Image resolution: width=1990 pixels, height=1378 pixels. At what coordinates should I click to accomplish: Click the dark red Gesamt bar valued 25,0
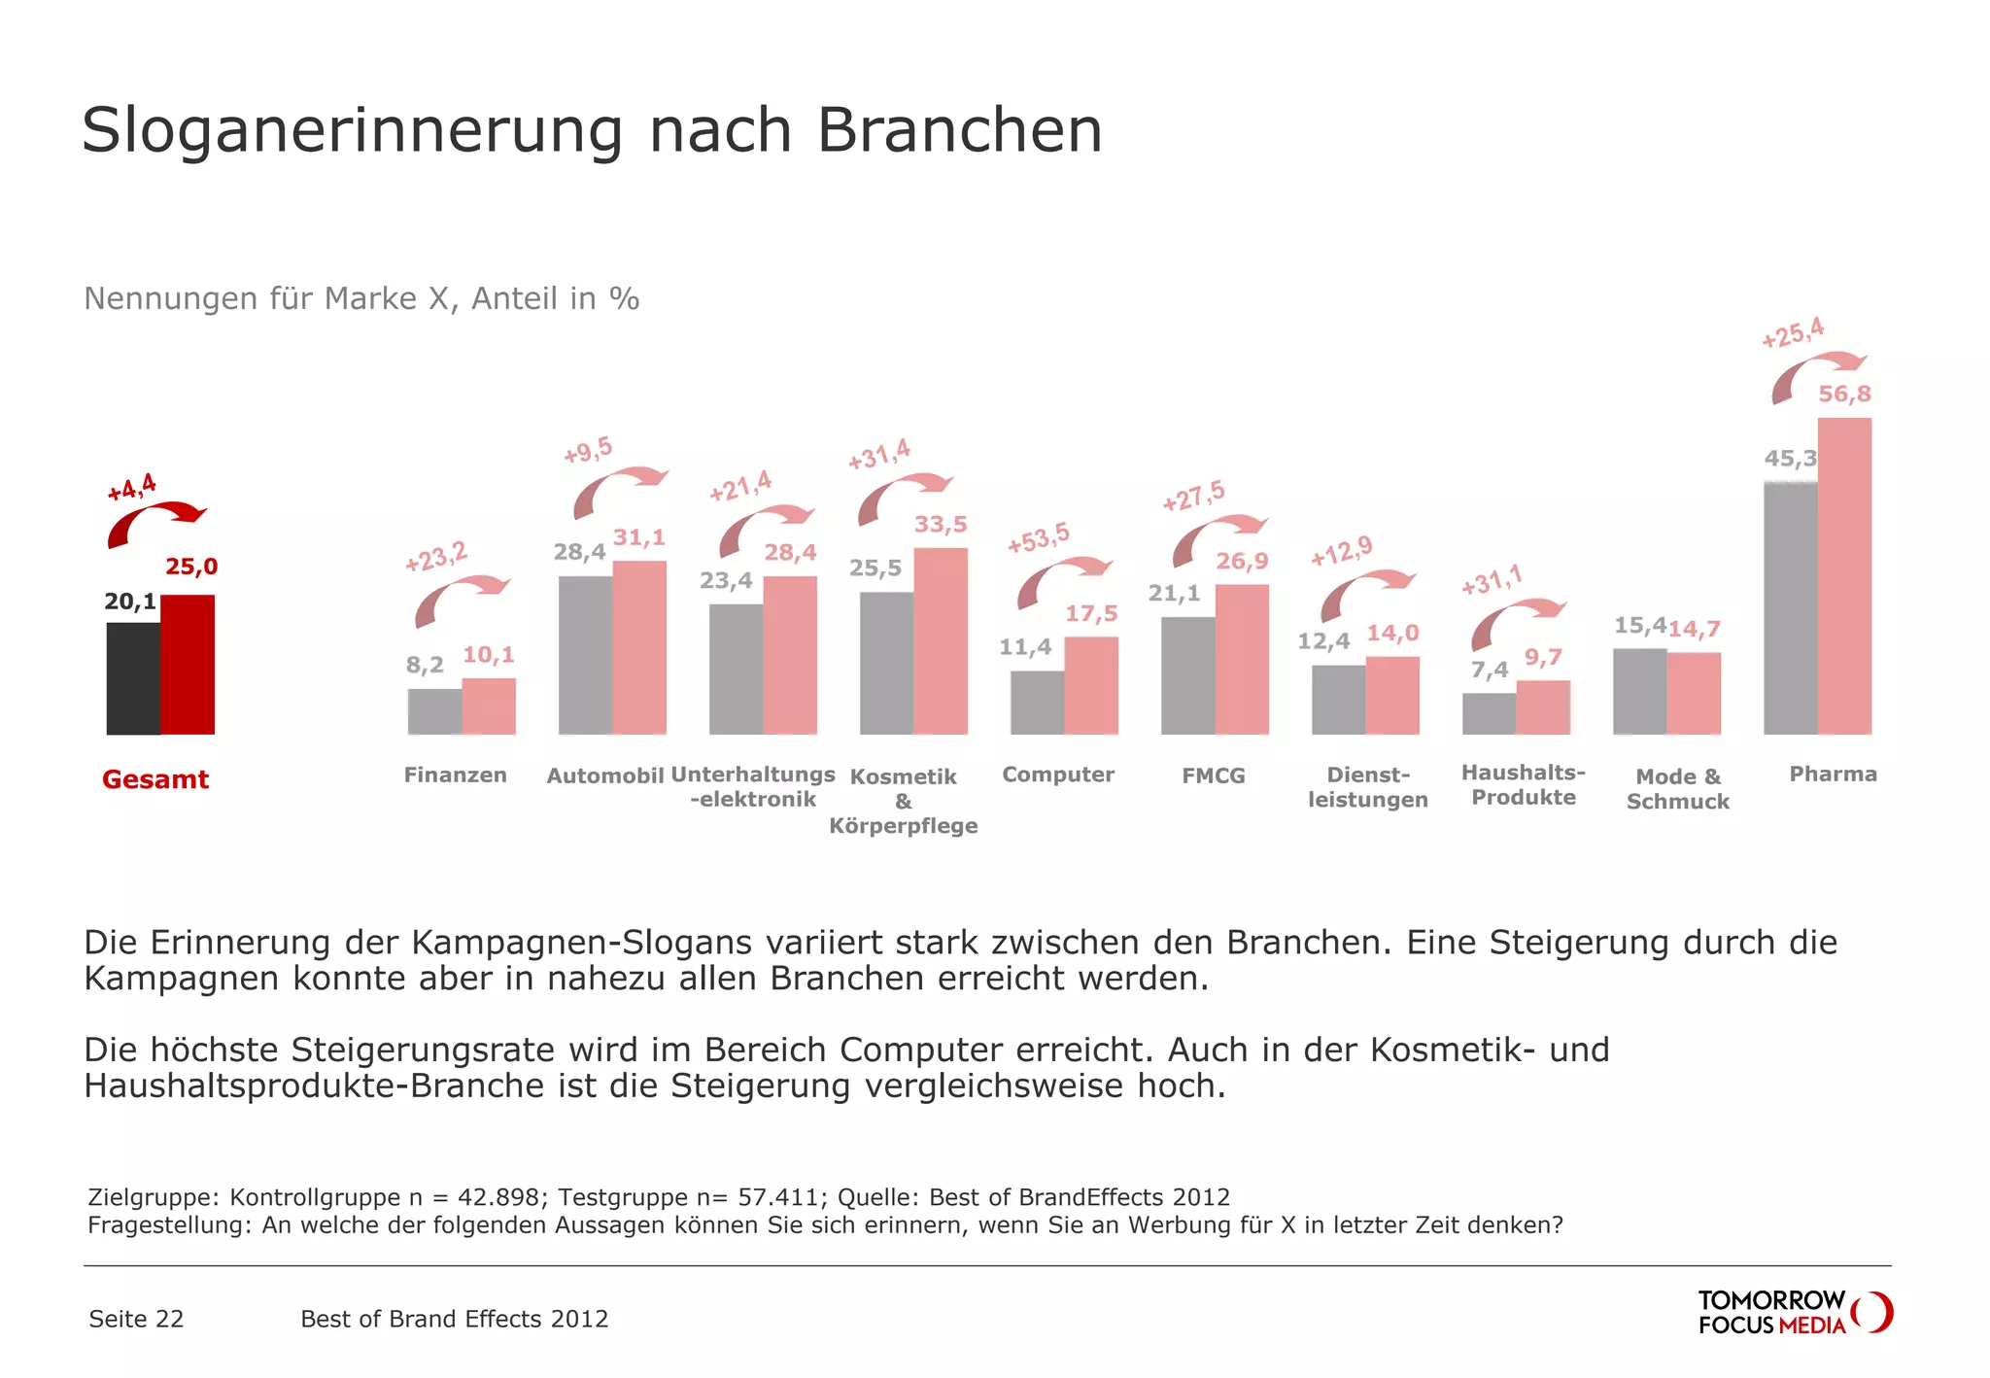click(x=188, y=665)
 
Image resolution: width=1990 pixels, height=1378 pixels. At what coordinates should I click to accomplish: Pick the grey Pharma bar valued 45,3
click(x=1790, y=607)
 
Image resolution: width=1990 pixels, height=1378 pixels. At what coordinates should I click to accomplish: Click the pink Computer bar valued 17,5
click(x=1091, y=685)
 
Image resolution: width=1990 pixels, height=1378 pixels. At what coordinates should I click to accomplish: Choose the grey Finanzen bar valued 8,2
click(x=434, y=711)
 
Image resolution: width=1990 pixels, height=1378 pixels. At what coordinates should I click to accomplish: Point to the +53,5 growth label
click(x=1038, y=536)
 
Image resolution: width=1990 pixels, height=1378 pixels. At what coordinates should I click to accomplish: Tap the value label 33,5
click(x=941, y=525)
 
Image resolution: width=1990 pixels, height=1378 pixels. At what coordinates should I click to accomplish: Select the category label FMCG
click(x=1213, y=775)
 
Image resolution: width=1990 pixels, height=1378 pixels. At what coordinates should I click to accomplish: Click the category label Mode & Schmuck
click(x=1678, y=789)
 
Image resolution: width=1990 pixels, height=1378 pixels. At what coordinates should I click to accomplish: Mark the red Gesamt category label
click(x=155, y=779)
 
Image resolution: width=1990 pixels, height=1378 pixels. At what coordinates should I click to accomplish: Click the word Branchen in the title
click(x=959, y=130)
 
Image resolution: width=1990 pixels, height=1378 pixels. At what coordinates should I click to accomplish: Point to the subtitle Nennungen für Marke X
click(x=360, y=298)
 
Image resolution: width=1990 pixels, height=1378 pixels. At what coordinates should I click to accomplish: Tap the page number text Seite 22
click(x=136, y=1319)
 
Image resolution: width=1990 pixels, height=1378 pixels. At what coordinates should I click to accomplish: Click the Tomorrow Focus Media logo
click(x=1794, y=1312)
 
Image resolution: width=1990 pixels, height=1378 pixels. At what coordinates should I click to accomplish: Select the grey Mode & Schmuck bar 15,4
click(x=1639, y=691)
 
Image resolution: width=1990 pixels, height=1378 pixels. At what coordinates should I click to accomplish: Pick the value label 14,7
click(x=1695, y=629)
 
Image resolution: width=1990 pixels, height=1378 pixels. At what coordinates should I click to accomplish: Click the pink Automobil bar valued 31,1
click(x=639, y=647)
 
